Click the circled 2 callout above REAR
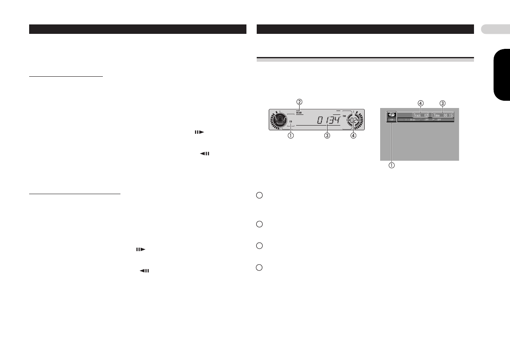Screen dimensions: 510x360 (300, 102)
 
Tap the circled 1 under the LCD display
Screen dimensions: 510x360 (291, 136)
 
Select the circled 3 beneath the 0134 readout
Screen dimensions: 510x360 (327, 136)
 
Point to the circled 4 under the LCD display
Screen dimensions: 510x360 (354, 136)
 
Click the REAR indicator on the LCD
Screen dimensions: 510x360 (299, 113)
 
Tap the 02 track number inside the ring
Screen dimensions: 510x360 (354, 120)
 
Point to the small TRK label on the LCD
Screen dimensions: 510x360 (344, 115)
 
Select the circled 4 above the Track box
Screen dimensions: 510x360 (421, 103)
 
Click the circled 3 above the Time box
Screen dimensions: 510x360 (443, 103)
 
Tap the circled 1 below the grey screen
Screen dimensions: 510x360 (391, 165)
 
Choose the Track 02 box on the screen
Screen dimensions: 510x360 (420, 115)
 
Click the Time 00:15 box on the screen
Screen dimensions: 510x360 (443, 115)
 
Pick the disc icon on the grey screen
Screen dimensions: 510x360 (391, 115)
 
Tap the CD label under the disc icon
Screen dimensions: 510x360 (391, 120)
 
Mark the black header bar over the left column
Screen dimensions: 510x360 (138, 29)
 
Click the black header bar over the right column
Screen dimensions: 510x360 (365, 29)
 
